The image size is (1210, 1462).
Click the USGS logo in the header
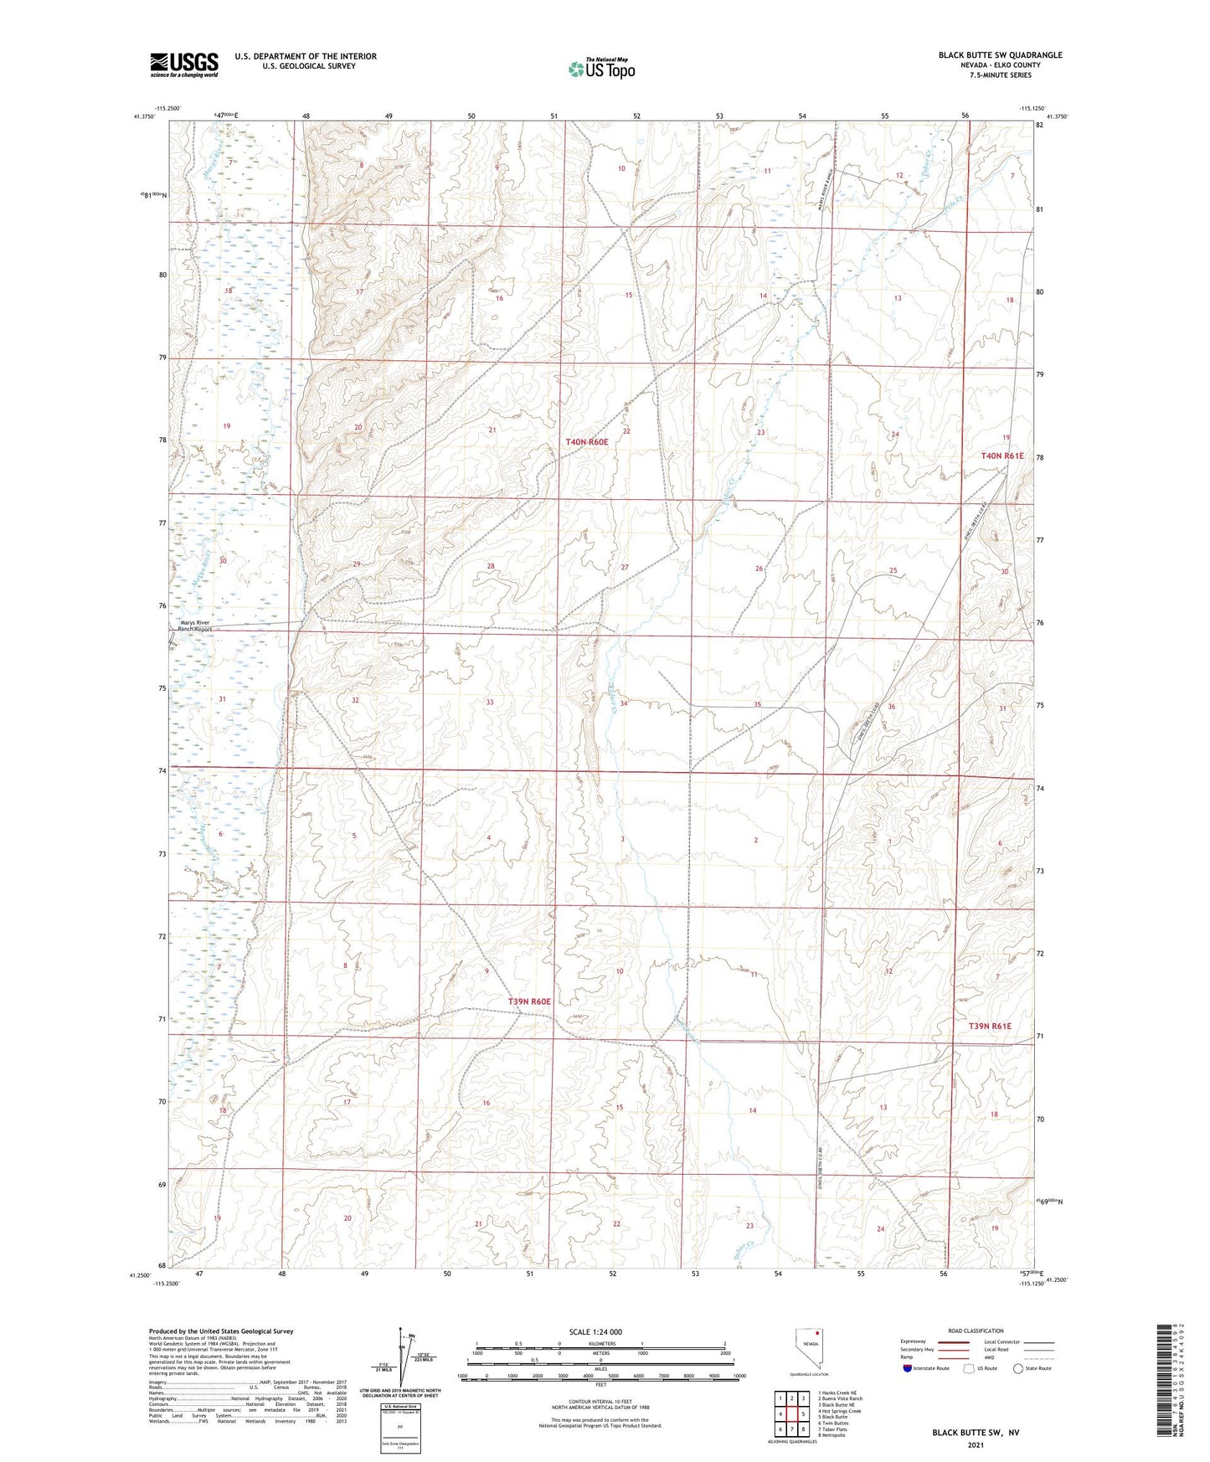(x=184, y=64)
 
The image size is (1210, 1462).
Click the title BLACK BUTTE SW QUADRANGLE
(x=1000, y=55)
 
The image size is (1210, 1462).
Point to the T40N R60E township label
(x=598, y=441)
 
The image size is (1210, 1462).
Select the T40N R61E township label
(x=1002, y=456)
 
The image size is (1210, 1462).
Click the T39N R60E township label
(x=529, y=1001)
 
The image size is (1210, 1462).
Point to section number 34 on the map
(x=623, y=703)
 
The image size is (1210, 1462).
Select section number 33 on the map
(x=490, y=702)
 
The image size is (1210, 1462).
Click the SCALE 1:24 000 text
(x=595, y=1331)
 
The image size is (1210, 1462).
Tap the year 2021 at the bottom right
(x=976, y=1445)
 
